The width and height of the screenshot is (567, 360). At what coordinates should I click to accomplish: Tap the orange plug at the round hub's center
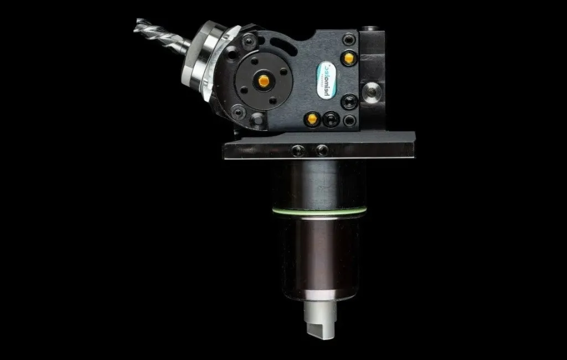click(264, 81)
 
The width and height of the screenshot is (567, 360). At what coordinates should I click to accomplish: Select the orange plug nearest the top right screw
click(349, 56)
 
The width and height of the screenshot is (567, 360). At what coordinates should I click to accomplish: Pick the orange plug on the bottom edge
click(312, 118)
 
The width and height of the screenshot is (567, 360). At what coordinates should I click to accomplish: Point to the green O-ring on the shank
click(319, 209)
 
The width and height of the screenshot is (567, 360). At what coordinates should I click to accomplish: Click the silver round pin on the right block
click(372, 90)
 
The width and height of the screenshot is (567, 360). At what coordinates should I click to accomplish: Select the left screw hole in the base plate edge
click(298, 150)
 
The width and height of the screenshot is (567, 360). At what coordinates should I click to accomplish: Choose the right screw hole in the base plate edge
click(322, 150)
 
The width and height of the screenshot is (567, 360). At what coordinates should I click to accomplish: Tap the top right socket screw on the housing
click(349, 39)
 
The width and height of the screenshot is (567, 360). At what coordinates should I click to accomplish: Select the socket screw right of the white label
click(349, 102)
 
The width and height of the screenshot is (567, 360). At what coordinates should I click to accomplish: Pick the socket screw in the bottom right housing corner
click(349, 120)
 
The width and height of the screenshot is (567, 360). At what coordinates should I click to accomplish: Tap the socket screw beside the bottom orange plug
click(331, 119)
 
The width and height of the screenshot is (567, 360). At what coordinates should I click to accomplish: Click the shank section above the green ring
click(319, 183)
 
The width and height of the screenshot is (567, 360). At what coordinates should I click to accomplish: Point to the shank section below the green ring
click(319, 255)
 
